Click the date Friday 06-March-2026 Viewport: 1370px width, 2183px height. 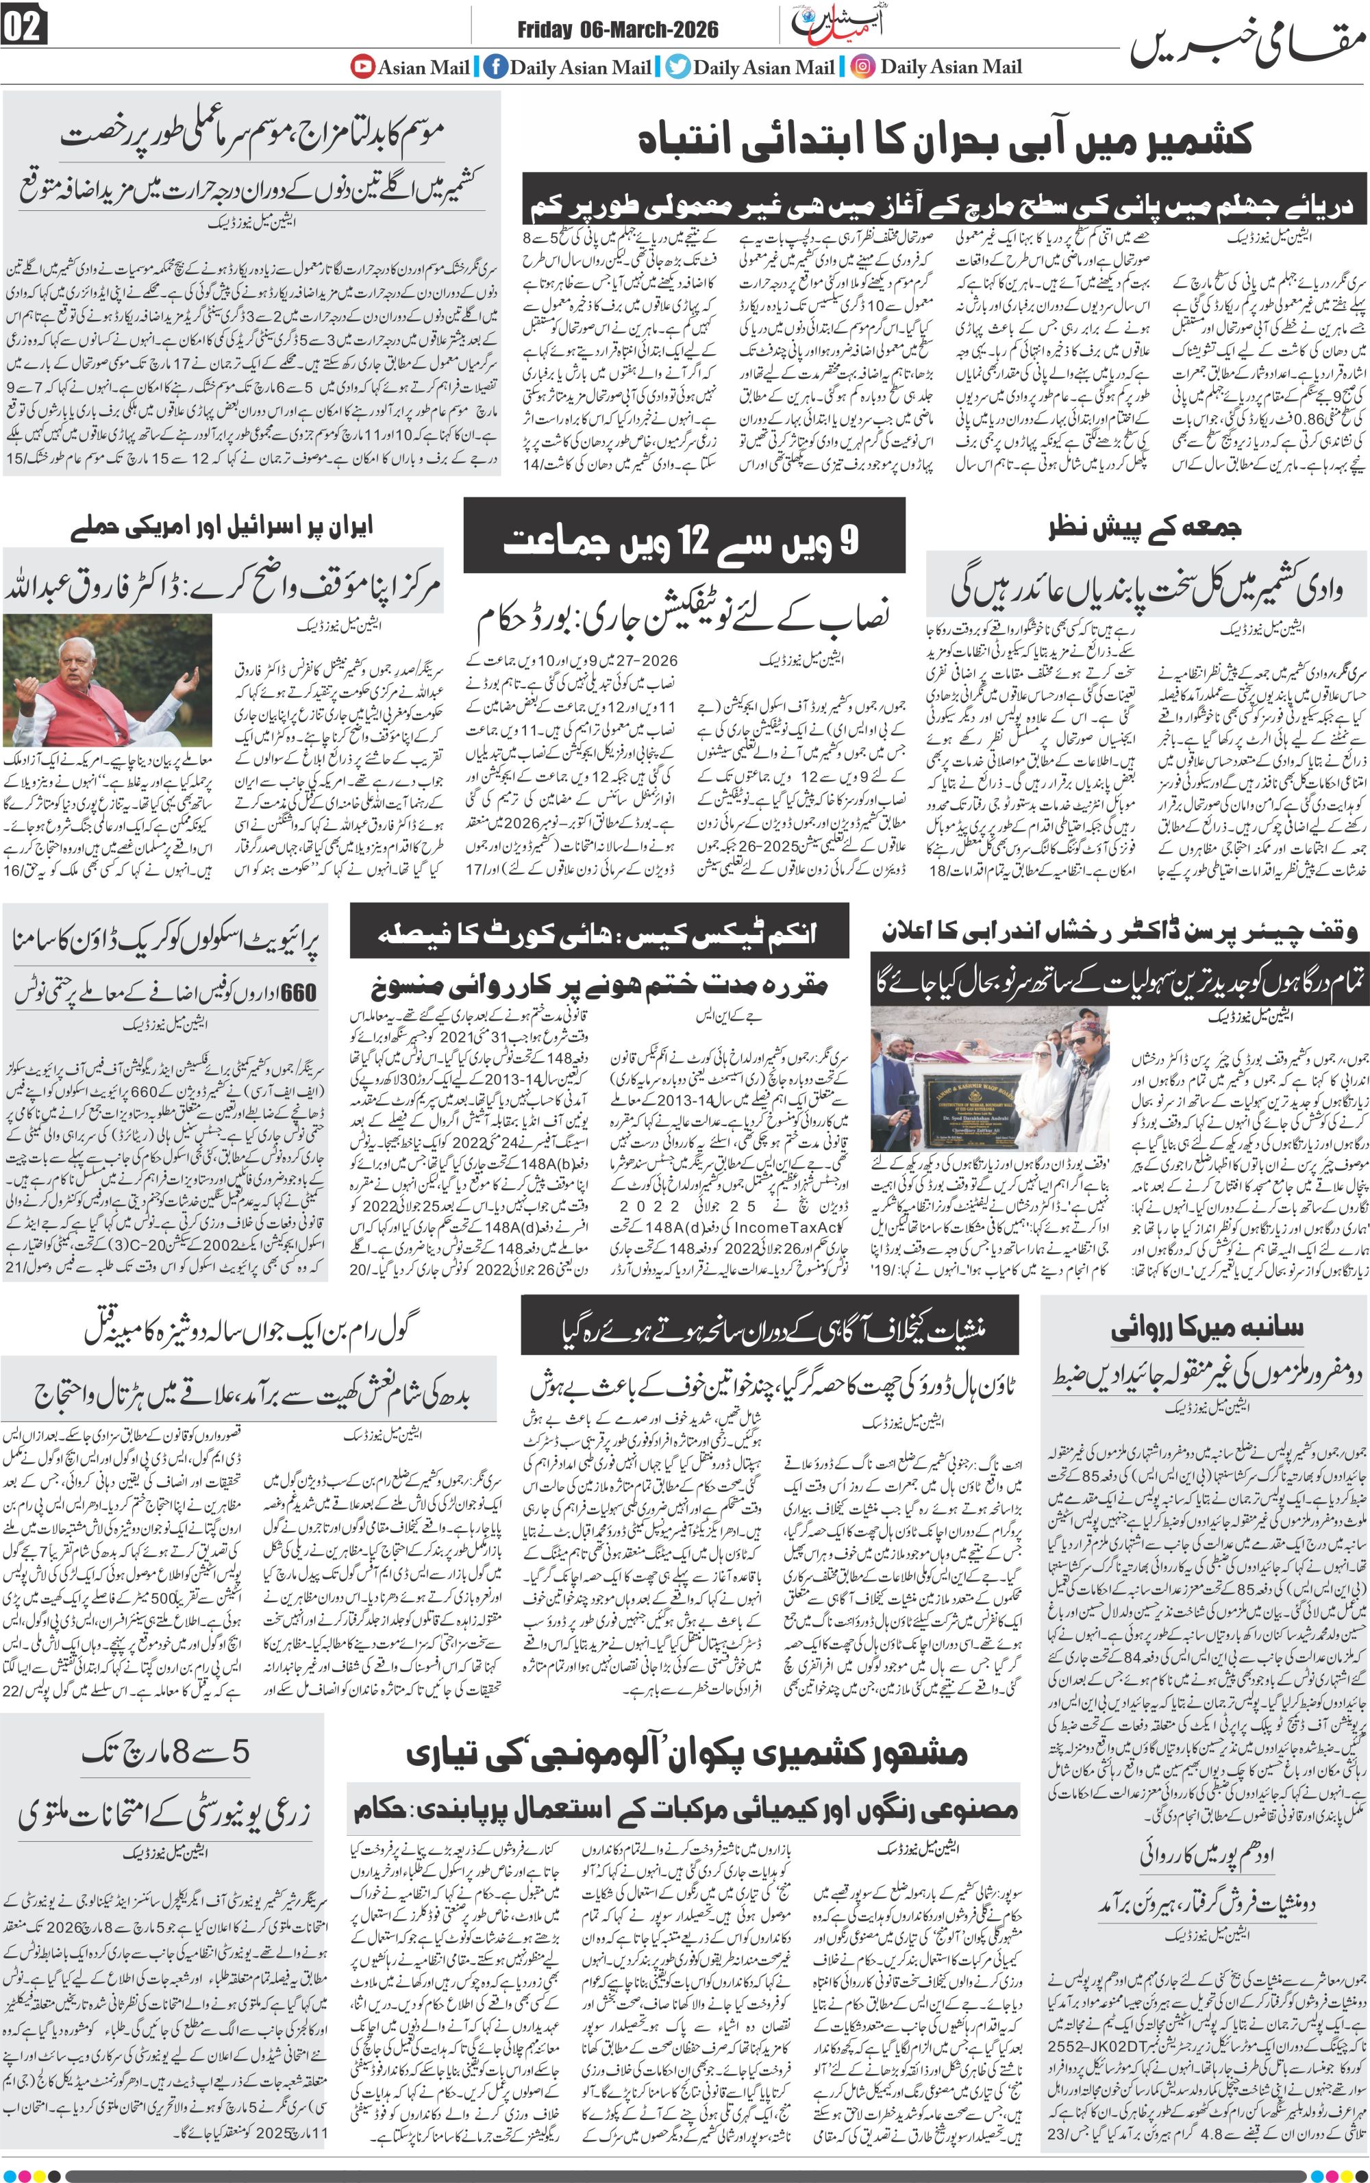pyautogui.click(x=617, y=30)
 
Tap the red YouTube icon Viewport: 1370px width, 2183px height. pyautogui.click(x=363, y=66)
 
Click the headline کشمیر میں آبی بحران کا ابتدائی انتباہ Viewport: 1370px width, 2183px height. pyautogui.click(x=945, y=140)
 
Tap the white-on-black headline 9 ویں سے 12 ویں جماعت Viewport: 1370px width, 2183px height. pyautogui.click(x=683, y=542)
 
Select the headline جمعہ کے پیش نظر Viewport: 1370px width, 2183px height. pyautogui.click(x=1145, y=528)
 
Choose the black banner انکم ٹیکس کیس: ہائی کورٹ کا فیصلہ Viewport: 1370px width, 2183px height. pyautogui.click(x=598, y=933)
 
